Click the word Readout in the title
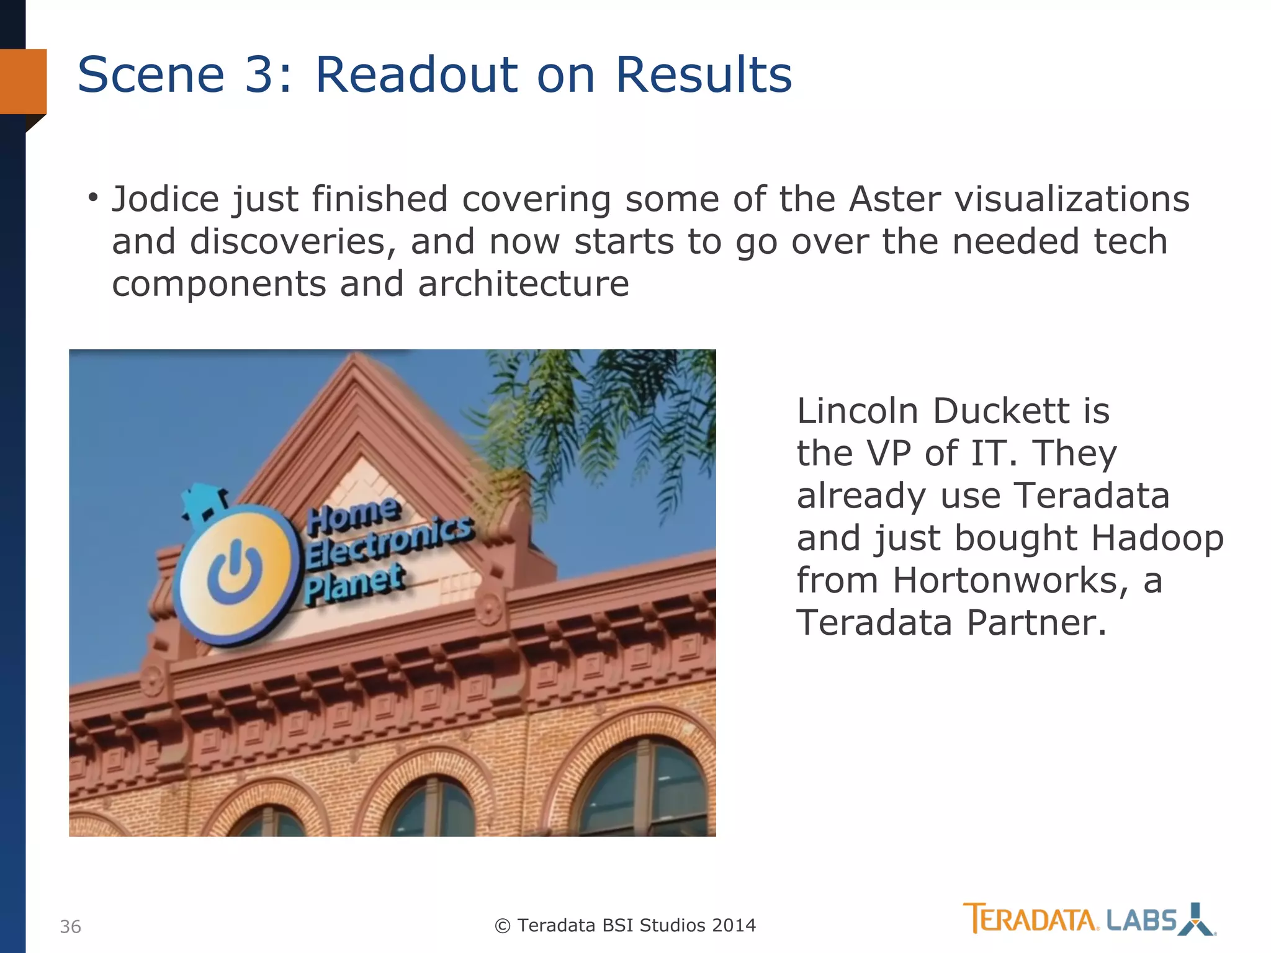pos(416,74)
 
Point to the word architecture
pos(523,284)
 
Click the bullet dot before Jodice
pos(93,198)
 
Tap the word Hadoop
pos(1157,538)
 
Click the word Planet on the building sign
pos(354,584)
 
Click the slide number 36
pos(70,927)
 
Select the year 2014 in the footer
pos(734,926)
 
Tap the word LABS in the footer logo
pos(1141,921)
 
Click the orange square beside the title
pos(23,81)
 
